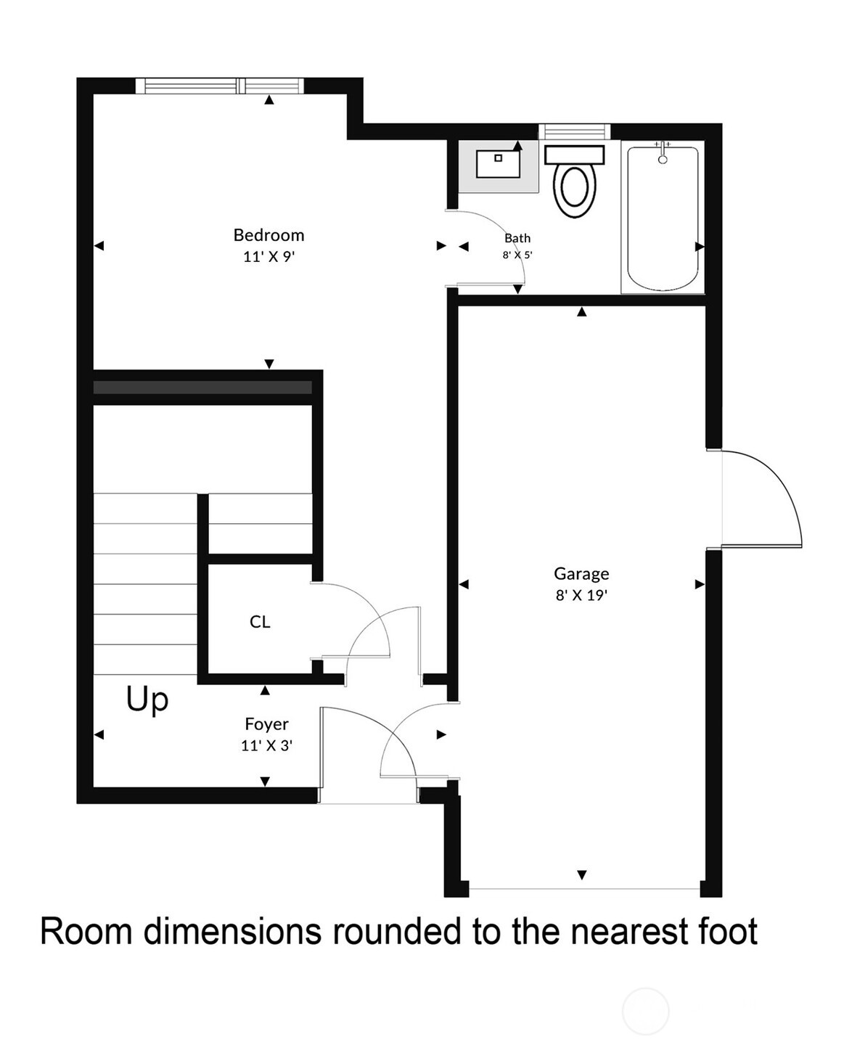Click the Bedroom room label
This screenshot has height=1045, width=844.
(x=269, y=235)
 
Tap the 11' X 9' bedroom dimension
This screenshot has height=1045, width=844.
(x=269, y=257)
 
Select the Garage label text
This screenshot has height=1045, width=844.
(x=581, y=574)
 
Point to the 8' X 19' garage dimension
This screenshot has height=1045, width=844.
(x=581, y=596)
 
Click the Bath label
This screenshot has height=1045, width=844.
(x=517, y=238)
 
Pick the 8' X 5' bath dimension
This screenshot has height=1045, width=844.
(x=517, y=255)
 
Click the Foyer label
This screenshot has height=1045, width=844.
(x=266, y=724)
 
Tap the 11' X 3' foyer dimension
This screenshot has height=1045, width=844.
(x=266, y=745)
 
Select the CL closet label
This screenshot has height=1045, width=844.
(x=260, y=622)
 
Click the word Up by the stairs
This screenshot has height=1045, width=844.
(x=147, y=700)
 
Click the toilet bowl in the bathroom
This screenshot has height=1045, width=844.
(x=575, y=190)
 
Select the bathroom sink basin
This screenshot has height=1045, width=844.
(x=498, y=164)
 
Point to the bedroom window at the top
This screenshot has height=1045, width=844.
(x=220, y=86)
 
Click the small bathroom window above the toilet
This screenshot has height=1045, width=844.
(x=574, y=131)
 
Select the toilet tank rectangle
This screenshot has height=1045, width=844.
(x=574, y=155)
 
